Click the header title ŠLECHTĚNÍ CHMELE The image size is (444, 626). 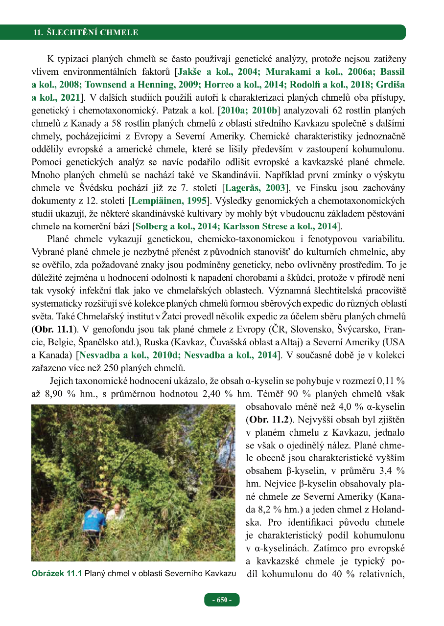click(86, 33)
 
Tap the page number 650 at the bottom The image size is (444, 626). click(222, 600)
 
